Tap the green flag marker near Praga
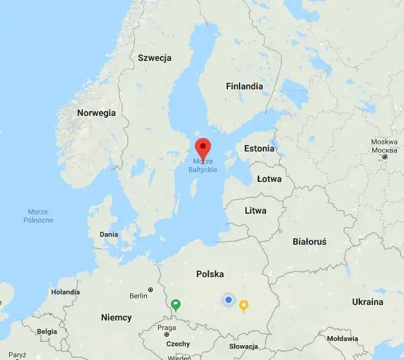(x=175, y=304)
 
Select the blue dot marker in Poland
(x=228, y=299)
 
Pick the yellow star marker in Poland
(x=244, y=304)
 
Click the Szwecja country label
(x=155, y=58)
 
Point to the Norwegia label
(x=96, y=113)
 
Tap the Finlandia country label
(x=245, y=86)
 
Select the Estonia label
(x=259, y=148)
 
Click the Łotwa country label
(x=269, y=179)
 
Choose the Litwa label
(x=256, y=210)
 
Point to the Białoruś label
(x=309, y=241)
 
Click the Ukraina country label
(x=367, y=302)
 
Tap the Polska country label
(x=214, y=274)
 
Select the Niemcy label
(x=117, y=317)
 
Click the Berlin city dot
(x=151, y=289)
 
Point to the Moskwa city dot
(x=385, y=157)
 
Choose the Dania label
(x=109, y=234)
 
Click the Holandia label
(x=65, y=292)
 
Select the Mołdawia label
(x=342, y=338)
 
